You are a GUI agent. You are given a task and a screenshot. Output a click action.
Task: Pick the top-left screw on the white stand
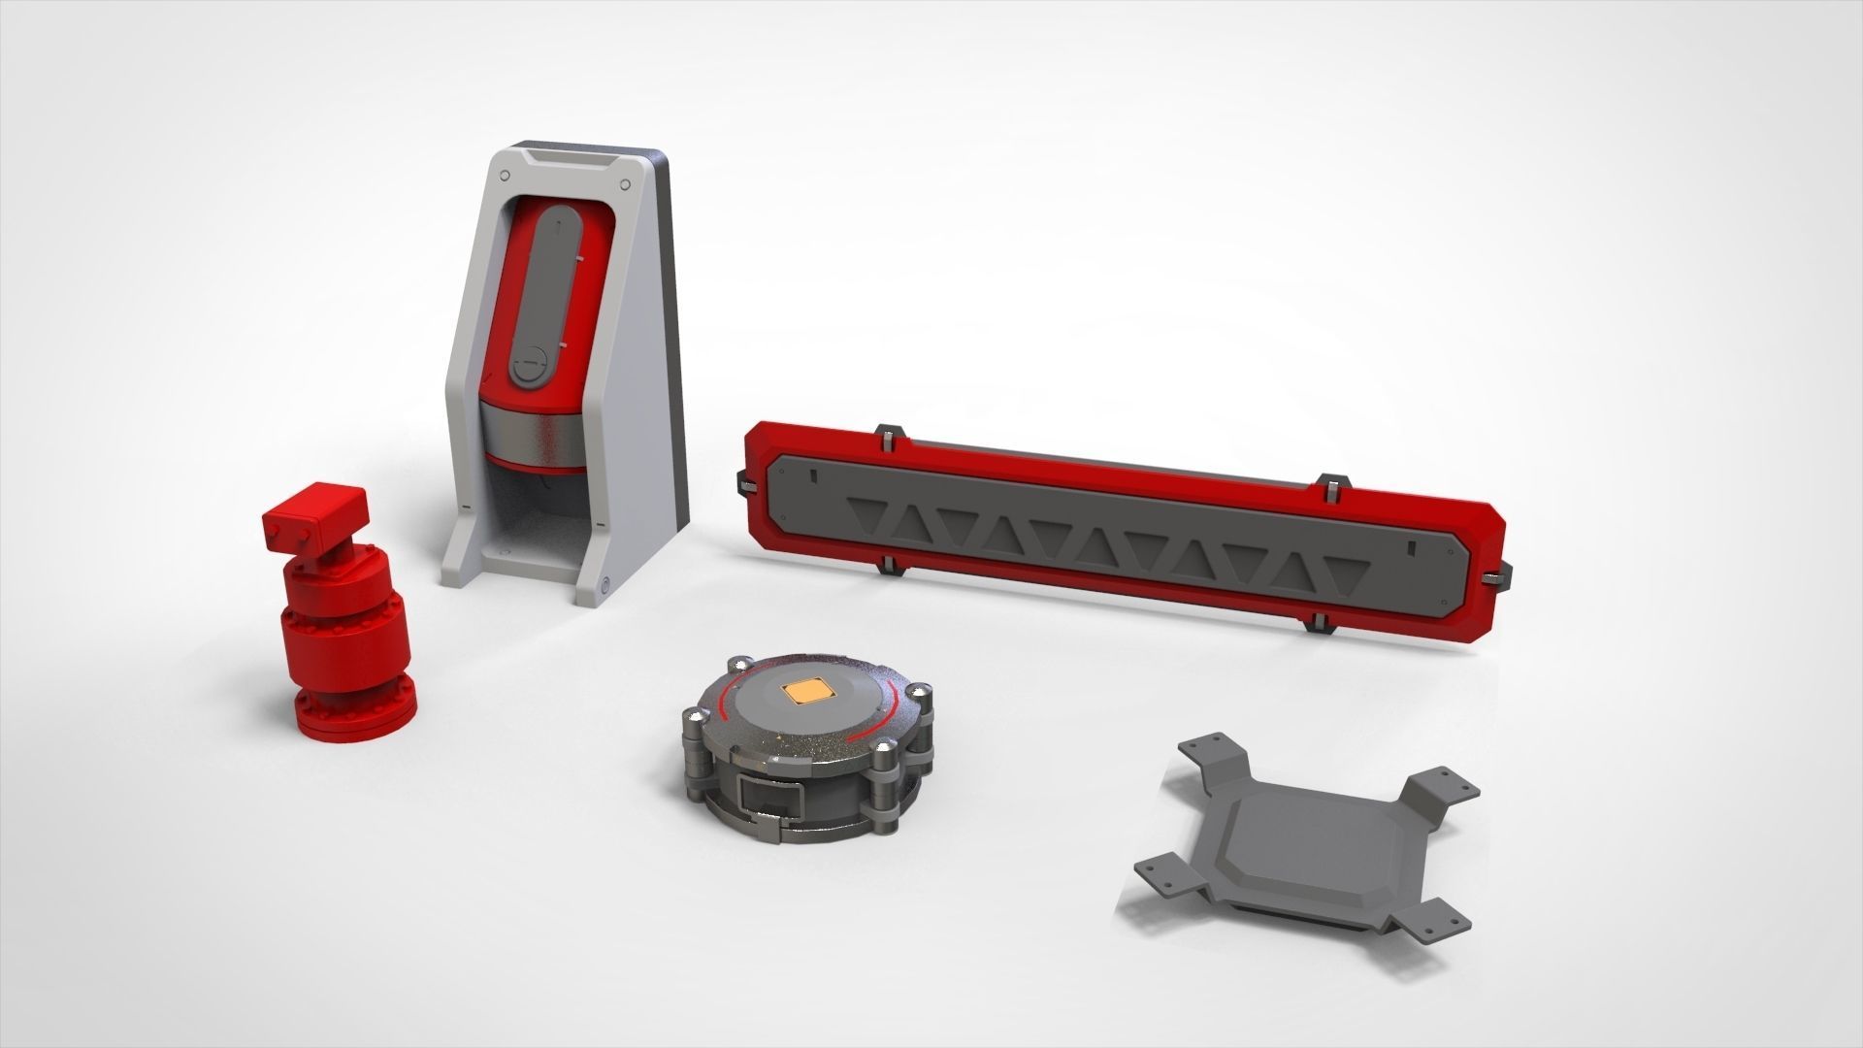[x=504, y=175]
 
